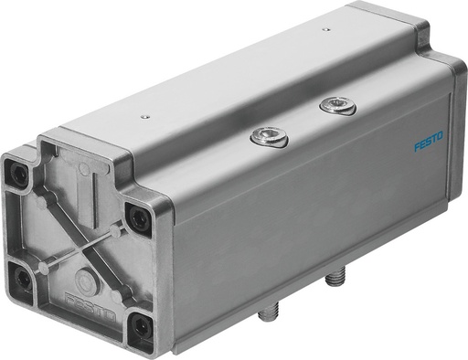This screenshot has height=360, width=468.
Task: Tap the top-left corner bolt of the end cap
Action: (x=18, y=171)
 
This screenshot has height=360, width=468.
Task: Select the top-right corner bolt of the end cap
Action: (x=137, y=216)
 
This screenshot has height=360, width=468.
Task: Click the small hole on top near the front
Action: (x=144, y=117)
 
